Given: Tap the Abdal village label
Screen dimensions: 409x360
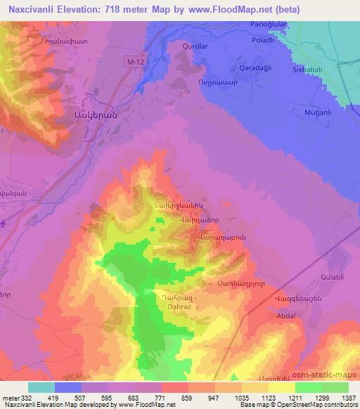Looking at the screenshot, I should (x=285, y=316).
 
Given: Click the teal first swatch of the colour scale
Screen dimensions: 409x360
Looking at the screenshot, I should (x=41, y=387).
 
